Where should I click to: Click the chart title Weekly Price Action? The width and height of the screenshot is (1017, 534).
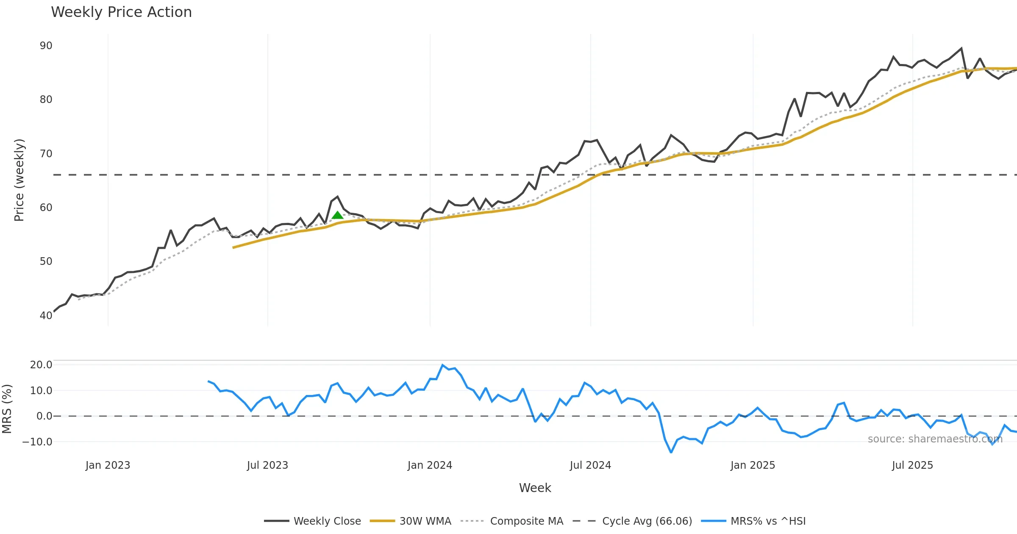coord(121,12)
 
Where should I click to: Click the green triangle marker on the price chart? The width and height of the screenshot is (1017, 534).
coord(337,215)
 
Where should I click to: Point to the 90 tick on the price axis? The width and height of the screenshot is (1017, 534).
coord(46,46)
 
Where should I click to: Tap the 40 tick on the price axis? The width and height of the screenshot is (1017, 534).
coord(46,315)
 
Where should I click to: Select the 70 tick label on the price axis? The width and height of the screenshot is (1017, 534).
coord(46,153)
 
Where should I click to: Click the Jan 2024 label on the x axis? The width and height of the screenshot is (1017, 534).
coord(430,465)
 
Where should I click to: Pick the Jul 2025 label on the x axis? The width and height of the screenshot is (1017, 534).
coord(912,465)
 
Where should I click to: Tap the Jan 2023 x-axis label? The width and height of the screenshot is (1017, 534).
coord(108,465)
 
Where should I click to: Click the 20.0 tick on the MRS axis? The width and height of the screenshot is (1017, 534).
coord(41,364)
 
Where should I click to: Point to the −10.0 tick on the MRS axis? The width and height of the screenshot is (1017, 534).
coord(37,442)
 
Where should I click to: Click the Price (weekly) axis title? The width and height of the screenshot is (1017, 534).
coord(19,180)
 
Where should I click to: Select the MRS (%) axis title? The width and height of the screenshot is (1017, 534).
coord(7,409)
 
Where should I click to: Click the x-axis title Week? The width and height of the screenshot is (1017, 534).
coord(535,488)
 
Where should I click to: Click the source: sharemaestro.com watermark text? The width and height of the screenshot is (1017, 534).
coord(935,439)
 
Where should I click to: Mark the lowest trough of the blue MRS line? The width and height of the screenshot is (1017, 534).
coord(671,452)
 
